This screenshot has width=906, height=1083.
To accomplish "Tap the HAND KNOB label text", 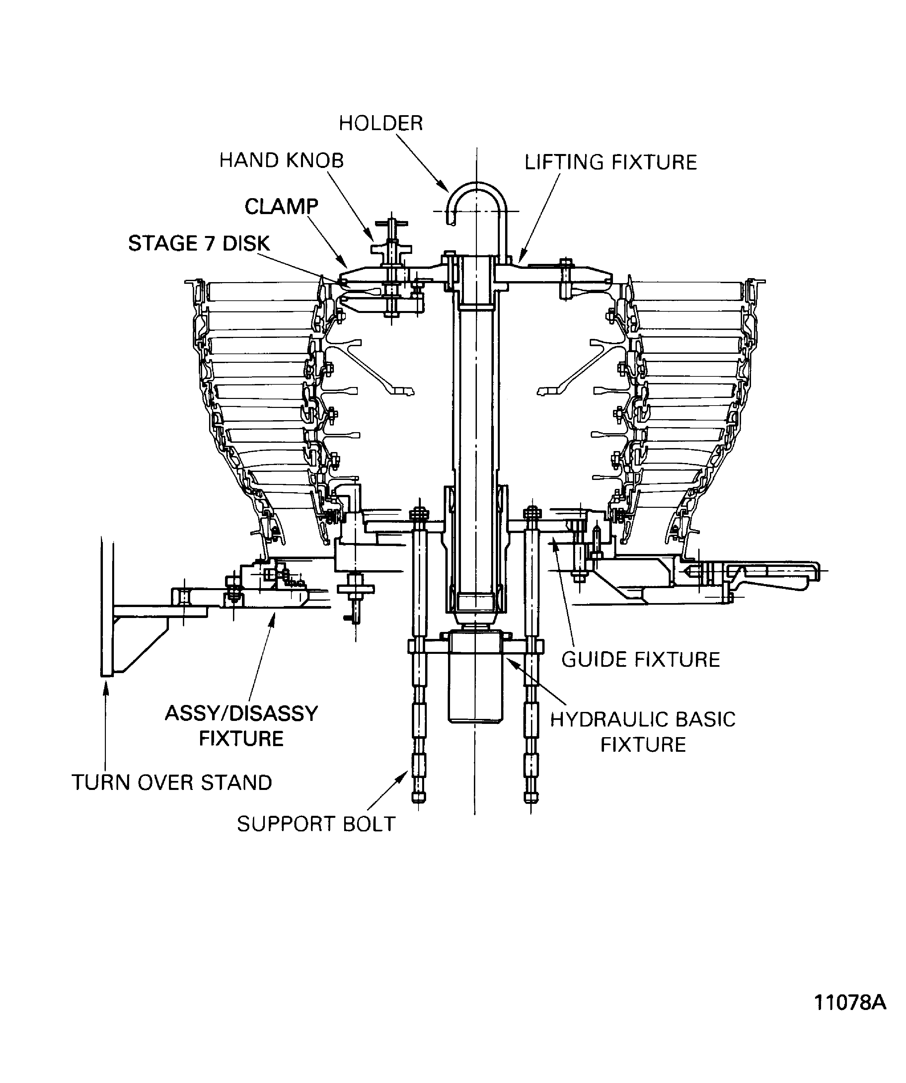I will point(281,160).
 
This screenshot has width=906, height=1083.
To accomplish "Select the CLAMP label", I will point(281,207).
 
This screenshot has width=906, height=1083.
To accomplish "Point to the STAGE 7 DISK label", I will point(199,243).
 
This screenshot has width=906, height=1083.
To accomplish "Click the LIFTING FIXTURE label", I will point(611,162).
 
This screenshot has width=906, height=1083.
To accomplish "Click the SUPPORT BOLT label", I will point(316,824).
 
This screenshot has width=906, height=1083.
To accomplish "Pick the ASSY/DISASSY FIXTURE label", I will point(241,726).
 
